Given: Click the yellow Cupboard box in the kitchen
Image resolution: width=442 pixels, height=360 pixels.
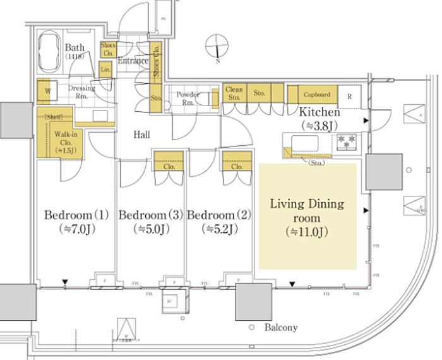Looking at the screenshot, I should (x=316, y=95).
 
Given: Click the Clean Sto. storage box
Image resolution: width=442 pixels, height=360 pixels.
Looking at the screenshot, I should (x=234, y=93).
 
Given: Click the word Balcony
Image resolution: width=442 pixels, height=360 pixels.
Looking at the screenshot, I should (x=281, y=328).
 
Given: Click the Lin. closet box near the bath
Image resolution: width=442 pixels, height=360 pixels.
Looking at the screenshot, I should (x=105, y=69).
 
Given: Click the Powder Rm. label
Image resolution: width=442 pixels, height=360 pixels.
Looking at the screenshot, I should (x=188, y=99).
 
